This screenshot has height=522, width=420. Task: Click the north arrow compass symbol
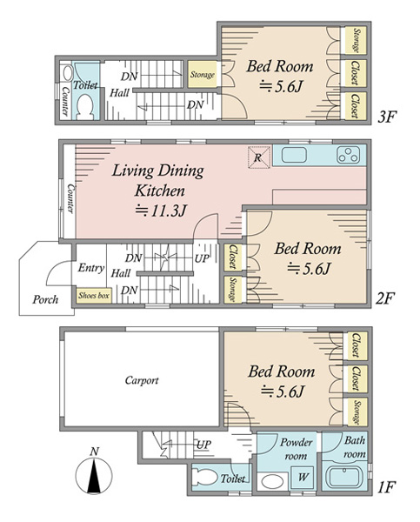(94, 472)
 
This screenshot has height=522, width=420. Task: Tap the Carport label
(142, 380)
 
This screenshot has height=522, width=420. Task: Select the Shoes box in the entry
(94, 296)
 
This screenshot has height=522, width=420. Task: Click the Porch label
(45, 299)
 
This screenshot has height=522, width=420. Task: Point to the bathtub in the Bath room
(346, 478)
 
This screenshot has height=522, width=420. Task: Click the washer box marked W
(303, 478)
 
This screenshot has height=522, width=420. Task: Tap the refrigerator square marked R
(259, 157)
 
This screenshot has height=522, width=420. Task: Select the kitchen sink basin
(294, 155)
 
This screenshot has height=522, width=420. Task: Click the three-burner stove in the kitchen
(349, 155)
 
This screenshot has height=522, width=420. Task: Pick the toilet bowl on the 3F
(85, 105)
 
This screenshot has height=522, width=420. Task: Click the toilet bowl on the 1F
(206, 478)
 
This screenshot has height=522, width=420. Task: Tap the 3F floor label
(387, 117)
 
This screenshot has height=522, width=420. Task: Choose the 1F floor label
(386, 487)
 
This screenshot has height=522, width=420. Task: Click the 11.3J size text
(161, 211)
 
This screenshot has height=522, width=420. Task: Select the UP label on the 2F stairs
(202, 258)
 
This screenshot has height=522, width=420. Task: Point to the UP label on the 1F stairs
(203, 445)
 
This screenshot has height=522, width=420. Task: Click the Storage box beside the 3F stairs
(202, 75)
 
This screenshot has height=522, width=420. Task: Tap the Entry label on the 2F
(90, 268)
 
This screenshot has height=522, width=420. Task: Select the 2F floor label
(384, 298)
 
